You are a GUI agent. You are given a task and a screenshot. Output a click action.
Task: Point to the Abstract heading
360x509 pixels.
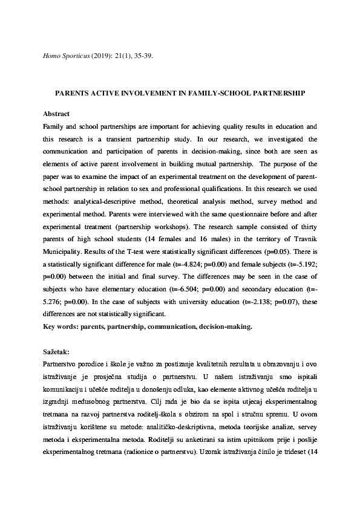[x=56, y=114]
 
